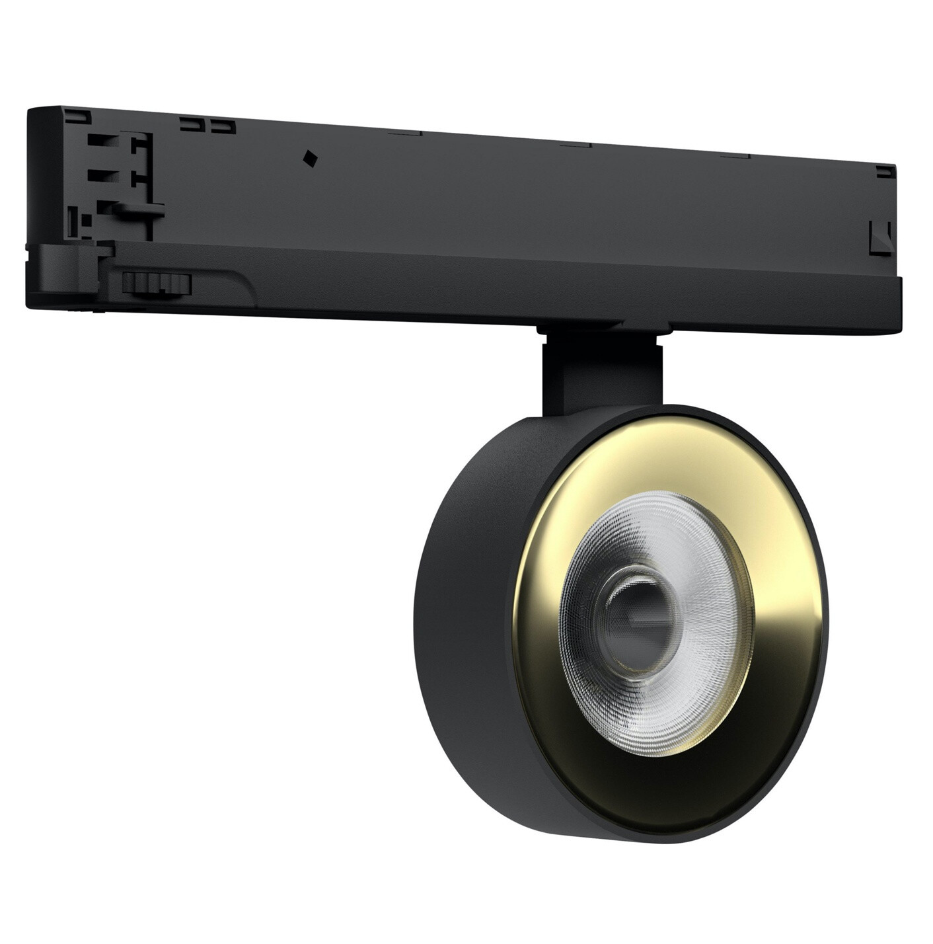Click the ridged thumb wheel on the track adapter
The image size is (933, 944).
click(157, 284)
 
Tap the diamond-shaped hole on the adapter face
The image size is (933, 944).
click(309, 158)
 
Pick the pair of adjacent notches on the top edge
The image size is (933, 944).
click(208, 124)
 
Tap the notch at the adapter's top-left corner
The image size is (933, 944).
click(76, 116)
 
